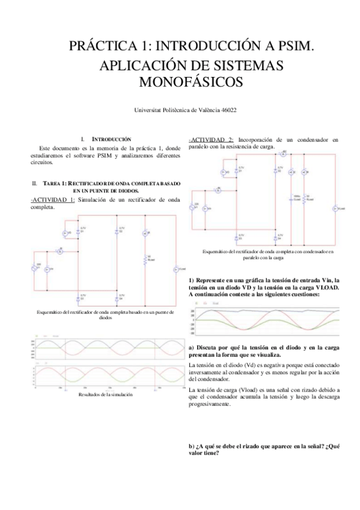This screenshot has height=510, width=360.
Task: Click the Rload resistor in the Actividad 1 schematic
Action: (x=144, y=259)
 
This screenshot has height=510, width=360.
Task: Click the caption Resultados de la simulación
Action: (x=105, y=395)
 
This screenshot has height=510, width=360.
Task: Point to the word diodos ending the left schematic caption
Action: (x=105, y=318)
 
